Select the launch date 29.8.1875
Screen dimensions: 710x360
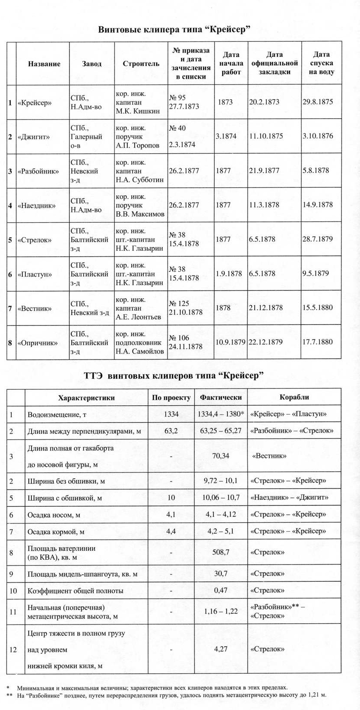click(317, 102)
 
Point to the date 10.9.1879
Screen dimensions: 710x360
click(231, 342)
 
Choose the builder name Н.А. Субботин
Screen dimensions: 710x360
click(139, 180)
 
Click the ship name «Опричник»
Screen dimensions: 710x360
click(38, 343)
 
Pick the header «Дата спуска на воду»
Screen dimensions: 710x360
click(321, 63)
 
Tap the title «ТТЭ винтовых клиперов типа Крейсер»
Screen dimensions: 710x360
click(174, 376)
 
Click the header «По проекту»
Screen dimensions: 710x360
click(171, 398)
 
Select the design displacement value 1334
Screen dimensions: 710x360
click(171, 414)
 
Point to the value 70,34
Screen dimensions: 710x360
click(221, 456)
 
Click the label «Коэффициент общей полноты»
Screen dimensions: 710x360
click(75, 590)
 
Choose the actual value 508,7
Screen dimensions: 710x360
click(221, 552)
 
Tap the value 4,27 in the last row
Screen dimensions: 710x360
click(221, 649)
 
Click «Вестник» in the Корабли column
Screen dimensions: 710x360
click(269, 456)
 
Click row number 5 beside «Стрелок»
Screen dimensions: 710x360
click(10, 240)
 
